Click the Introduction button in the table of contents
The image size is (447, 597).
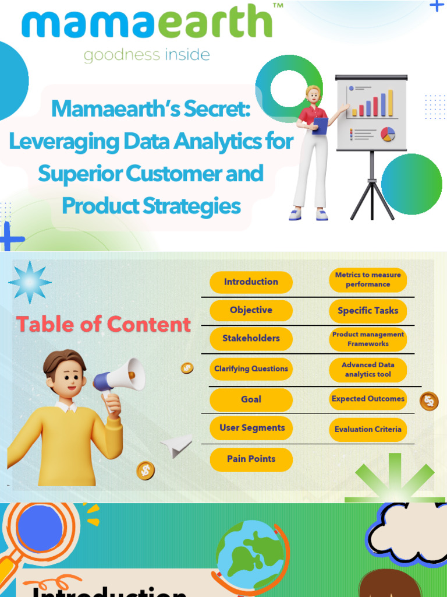(x=251, y=282)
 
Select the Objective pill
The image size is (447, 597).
(x=251, y=310)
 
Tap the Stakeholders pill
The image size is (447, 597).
(x=251, y=338)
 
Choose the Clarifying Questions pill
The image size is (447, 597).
(x=251, y=369)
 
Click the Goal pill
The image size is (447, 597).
(x=251, y=399)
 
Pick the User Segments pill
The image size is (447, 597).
(x=251, y=428)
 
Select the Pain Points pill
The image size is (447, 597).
(x=251, y=459)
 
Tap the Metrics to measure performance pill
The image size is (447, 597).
(x=368, y=280)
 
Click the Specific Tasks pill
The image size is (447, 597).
(x=368, y=311)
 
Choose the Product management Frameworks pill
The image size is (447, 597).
(x=368, y=339)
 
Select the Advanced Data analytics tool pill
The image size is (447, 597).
(x=368, y=370)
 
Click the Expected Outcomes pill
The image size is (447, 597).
(x=368, y=399)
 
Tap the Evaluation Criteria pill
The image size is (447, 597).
(x=368, y=430)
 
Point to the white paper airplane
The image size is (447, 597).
(x=177, y=446)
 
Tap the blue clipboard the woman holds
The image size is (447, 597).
(x=320, y=125)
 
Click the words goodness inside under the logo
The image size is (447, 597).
(x=147, y=55)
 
